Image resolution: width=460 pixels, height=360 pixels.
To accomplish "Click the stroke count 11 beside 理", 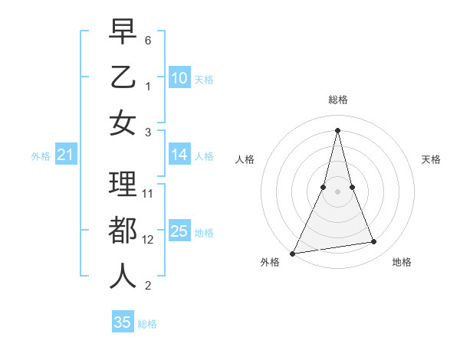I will tap(148, 193).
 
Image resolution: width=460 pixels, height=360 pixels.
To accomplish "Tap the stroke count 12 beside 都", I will tap(148, 239).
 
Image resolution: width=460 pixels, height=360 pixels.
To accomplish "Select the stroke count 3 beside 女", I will tap(148, 132).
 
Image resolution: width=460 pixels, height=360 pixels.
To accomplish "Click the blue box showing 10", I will tap(179, 77).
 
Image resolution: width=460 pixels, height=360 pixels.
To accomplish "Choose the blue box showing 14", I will tap(179, 155).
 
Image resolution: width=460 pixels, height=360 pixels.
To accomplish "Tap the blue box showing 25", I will tap(179, 231).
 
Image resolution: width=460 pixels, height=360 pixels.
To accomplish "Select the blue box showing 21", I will tap(65, 155).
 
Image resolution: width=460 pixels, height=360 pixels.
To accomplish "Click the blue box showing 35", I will tap(123, 322).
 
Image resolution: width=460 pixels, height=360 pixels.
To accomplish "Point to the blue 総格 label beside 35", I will tap(147, 324).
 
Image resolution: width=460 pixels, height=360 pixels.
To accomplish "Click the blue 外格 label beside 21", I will tap(41, 156).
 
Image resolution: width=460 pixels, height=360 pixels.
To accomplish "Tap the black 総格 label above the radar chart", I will tap(337, 100).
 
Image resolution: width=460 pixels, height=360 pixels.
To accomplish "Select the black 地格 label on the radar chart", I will tap(402, 262).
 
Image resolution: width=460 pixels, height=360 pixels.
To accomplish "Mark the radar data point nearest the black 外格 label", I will tap(293, 253).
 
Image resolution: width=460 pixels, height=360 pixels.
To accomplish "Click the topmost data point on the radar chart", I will tap(337, 129).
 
